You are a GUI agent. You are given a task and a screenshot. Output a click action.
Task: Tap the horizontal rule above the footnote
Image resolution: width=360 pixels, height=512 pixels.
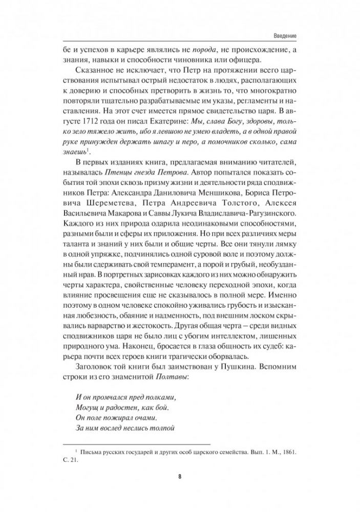click(x=135, y=443)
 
